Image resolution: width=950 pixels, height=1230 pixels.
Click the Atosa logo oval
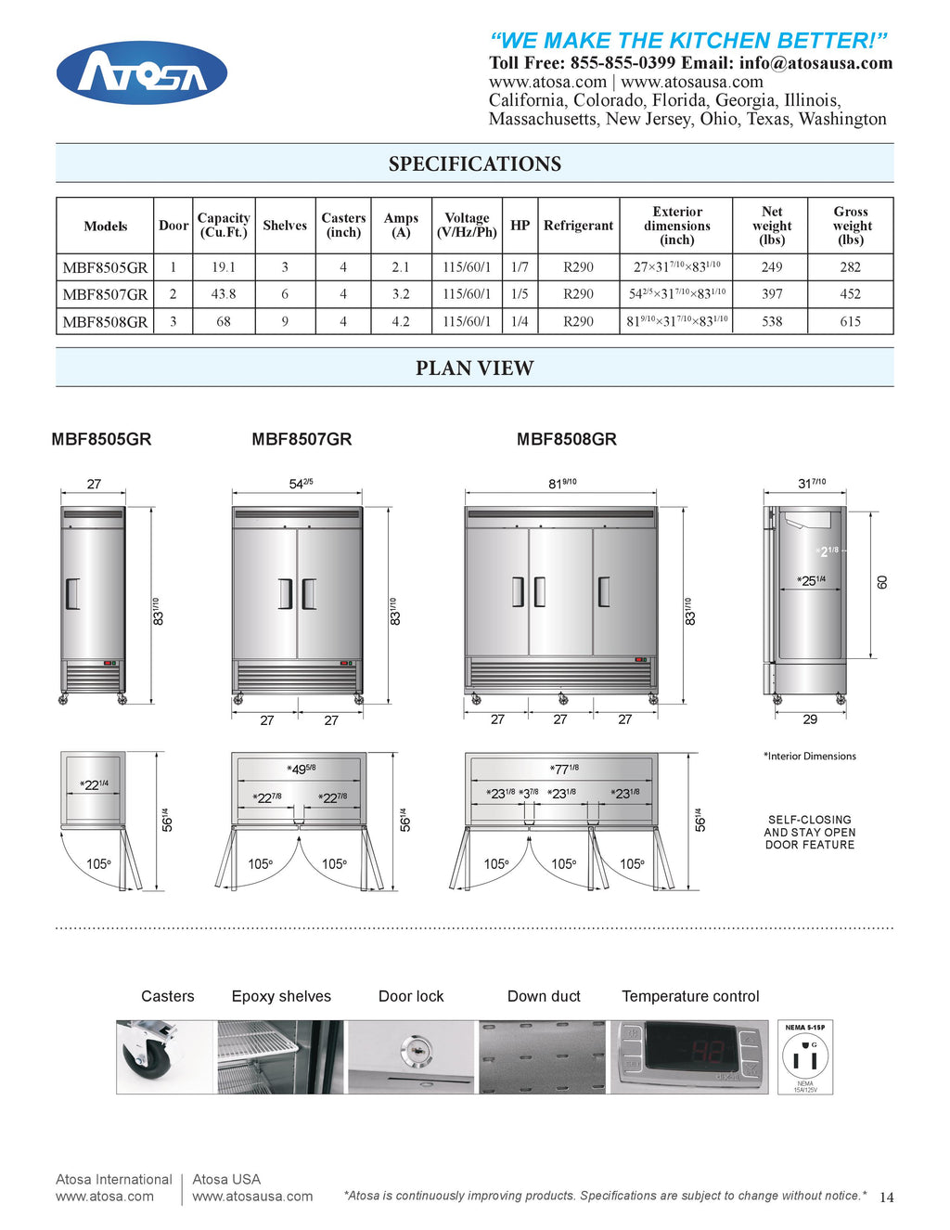(x=141, y=72)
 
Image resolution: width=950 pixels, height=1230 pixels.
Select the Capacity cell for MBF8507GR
(x=223, y=294)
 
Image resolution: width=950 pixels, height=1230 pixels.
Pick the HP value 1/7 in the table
(x=520, y=267)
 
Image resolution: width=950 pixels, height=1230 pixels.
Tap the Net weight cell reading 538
(x=771, y=322)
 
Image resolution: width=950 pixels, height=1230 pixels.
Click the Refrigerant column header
(x=578, y=226)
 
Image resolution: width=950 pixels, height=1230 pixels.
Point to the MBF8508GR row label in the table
(x=105, y=322)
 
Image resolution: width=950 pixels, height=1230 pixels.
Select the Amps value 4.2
(x=400, y=322)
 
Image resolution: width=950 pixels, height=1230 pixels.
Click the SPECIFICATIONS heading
(x=474, y=164)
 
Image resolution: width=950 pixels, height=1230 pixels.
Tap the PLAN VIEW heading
(x=474, y=369)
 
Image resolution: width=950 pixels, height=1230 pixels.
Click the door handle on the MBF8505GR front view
(x=73, y=593)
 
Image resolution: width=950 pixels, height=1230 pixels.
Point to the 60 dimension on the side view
(x=882, y=582)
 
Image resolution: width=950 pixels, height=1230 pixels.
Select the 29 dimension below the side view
(x=810, y=719)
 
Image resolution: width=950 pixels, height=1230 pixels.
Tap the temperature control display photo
(x=689, y=1056)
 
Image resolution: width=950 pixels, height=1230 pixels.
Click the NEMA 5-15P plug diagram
(x=804, y=1056)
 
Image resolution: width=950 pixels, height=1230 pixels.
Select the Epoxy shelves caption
(x=281, y=996)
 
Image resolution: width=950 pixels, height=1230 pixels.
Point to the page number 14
(x=886, y=1198)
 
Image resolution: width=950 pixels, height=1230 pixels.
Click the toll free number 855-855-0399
(x=623, y=63)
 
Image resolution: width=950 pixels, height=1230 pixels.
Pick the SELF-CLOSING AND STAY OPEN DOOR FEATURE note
(x=809, y=833)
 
